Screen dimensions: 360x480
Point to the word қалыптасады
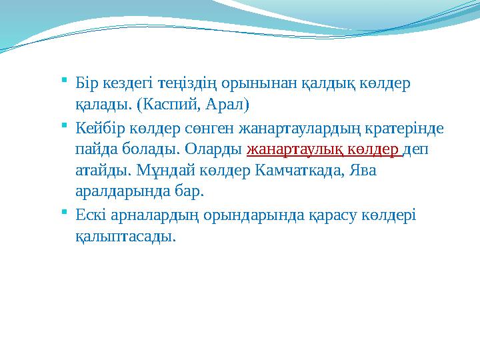126,236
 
